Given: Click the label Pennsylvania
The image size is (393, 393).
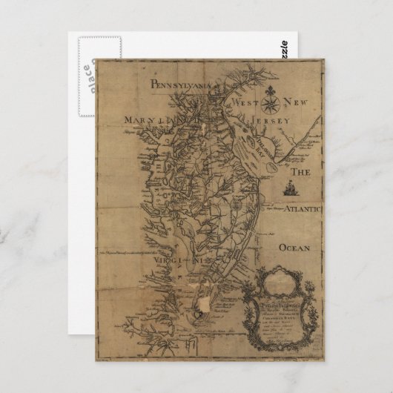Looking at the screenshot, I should (x=181, y=85).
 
